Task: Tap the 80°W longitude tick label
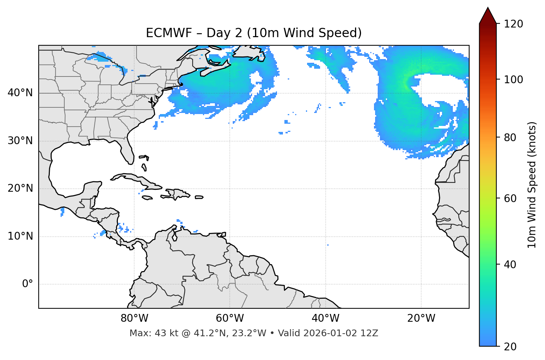[x=134, y=318]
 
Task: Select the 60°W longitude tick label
[x=230, y=318]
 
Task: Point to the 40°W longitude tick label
[x=325, y=318]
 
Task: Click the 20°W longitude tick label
[x=421, y=318]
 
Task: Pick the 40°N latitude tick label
[x=20, y=93]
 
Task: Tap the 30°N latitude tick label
[x=20, y=141]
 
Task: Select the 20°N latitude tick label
[x=20, y=188]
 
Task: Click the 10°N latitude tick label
[x=20, y=236]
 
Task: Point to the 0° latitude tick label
[x=27, y=284]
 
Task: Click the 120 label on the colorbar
[x=513, y=24]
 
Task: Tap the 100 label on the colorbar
[x=513, y=80]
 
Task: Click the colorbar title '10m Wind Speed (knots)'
[x=532, y=185]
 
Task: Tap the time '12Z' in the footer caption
[x=370, y=333]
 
